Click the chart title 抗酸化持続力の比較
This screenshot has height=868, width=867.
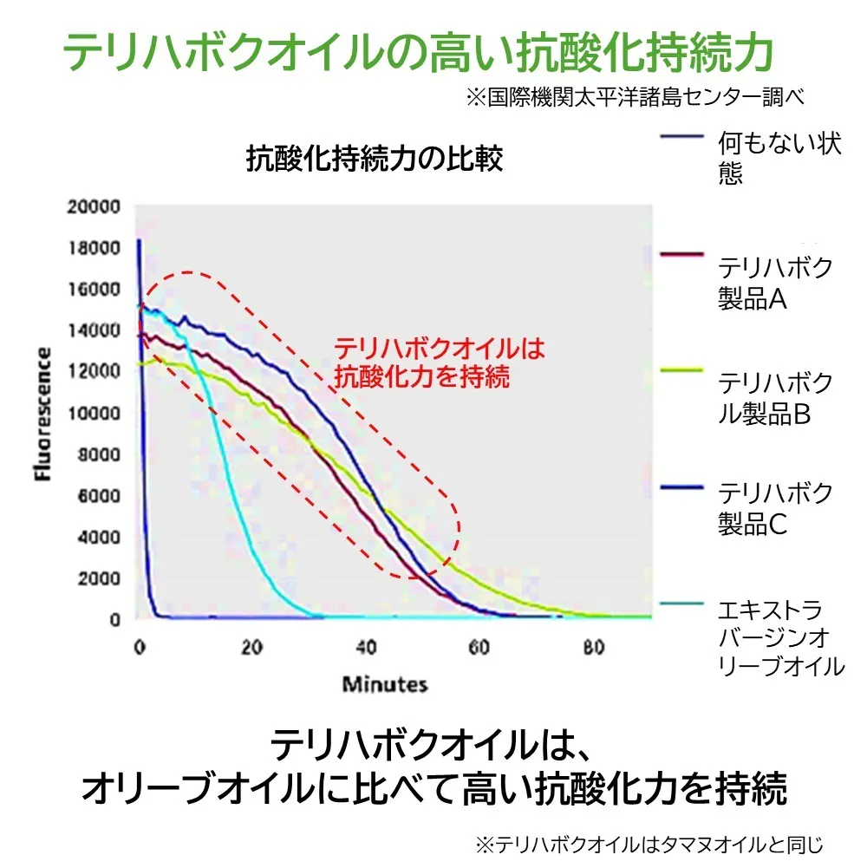375,160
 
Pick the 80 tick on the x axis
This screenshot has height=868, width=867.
593,647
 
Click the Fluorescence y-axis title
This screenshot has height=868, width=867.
42,414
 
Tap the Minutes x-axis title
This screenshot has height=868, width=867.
385,684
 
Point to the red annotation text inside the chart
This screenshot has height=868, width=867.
439,362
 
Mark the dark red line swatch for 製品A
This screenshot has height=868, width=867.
681,254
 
